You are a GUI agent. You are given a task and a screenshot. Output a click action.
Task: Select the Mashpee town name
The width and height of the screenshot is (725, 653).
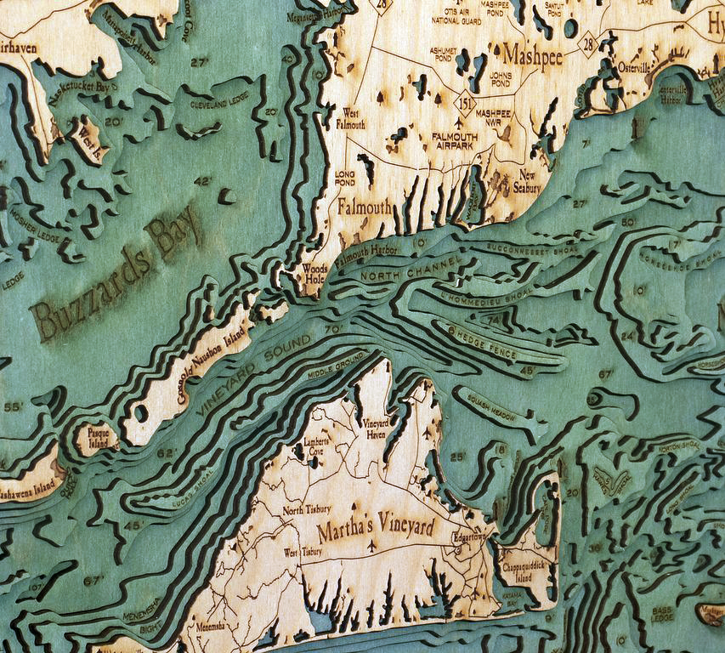coord(533,54)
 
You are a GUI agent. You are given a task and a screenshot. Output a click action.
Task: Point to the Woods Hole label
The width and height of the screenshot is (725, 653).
coord(315,273)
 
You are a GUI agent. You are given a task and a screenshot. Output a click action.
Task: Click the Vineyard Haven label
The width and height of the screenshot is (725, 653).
coord(375,428)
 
